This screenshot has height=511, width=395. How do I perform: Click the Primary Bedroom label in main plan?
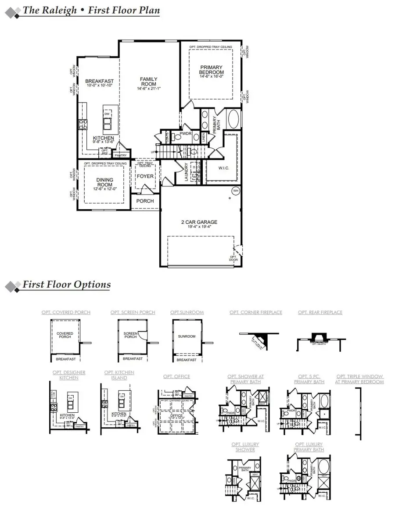coord(211,70)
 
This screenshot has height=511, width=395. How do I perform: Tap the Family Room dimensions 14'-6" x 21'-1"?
coord(148,89)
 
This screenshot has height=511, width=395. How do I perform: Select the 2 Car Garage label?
coord(199,222)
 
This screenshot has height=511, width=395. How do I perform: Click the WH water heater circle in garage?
coord(235,191)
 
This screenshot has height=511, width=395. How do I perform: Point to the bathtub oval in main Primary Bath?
coord(233,119)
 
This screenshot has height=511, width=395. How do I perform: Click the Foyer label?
coord(145,176)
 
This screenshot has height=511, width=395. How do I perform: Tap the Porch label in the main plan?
coord(145,201)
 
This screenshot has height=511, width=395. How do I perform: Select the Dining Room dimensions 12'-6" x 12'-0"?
coord(104,189)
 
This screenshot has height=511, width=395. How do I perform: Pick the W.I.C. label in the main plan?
coord(224,168)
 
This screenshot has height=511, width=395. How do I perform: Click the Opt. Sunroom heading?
coord(187,312)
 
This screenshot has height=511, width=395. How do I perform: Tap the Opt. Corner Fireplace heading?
coord(256,312)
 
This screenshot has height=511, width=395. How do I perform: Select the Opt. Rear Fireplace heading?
coord(320,312)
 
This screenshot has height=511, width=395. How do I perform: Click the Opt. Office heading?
coord(176,376)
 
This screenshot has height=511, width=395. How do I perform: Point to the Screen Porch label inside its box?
coord(130,335)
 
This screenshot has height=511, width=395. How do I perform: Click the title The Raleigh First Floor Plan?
coord(91,11)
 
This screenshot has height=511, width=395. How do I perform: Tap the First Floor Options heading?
coord(67,284)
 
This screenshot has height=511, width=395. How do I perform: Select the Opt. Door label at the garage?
coord(233,258)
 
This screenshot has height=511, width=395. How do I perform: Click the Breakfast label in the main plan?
coord(99,81)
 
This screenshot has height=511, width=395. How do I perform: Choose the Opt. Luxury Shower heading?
coord(243,447)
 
